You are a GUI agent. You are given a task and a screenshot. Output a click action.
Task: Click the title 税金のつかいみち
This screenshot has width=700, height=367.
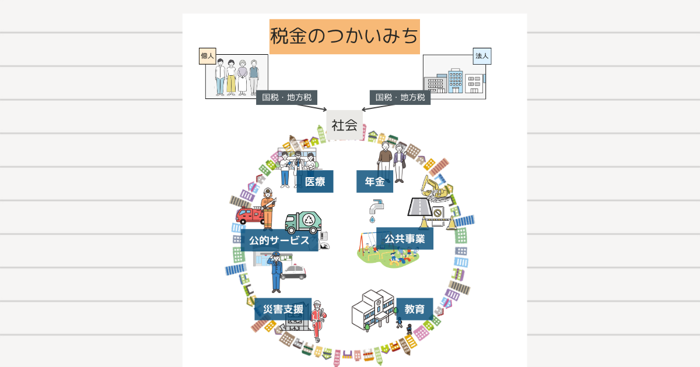tap(344, 36)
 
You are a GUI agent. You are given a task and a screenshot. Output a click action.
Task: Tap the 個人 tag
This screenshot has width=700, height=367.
tap(208, 56)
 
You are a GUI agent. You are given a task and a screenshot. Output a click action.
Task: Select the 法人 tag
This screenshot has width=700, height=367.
tap(482, 56)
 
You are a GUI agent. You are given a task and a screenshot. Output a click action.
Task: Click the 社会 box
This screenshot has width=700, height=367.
tap(344, 125)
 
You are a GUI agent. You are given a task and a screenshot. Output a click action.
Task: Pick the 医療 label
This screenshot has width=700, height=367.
tap(315, 182)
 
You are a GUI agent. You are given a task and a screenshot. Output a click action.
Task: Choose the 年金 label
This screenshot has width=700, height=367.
tap(374, 182)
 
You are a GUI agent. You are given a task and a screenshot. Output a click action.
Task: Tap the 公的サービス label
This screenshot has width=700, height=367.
tap(279, 240)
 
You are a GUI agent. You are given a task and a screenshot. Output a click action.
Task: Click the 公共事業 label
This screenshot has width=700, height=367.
tap(405, 238)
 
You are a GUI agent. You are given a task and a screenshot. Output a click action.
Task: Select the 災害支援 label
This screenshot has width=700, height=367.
tap(283, 309)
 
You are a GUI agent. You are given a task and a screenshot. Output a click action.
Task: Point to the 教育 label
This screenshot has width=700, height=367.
tap(414, 309)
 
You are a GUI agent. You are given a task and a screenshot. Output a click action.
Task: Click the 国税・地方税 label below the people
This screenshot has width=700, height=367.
tap(286, 97)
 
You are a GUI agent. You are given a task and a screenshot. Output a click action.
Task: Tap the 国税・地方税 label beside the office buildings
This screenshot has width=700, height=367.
tap(400, 97)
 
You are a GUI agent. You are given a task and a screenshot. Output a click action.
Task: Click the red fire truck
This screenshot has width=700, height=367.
tap(249, 215)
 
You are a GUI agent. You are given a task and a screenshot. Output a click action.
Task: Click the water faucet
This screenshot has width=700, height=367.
tap(377, 206)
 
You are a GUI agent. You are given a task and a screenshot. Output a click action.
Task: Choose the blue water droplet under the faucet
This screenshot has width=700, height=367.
tap(372, 220)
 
